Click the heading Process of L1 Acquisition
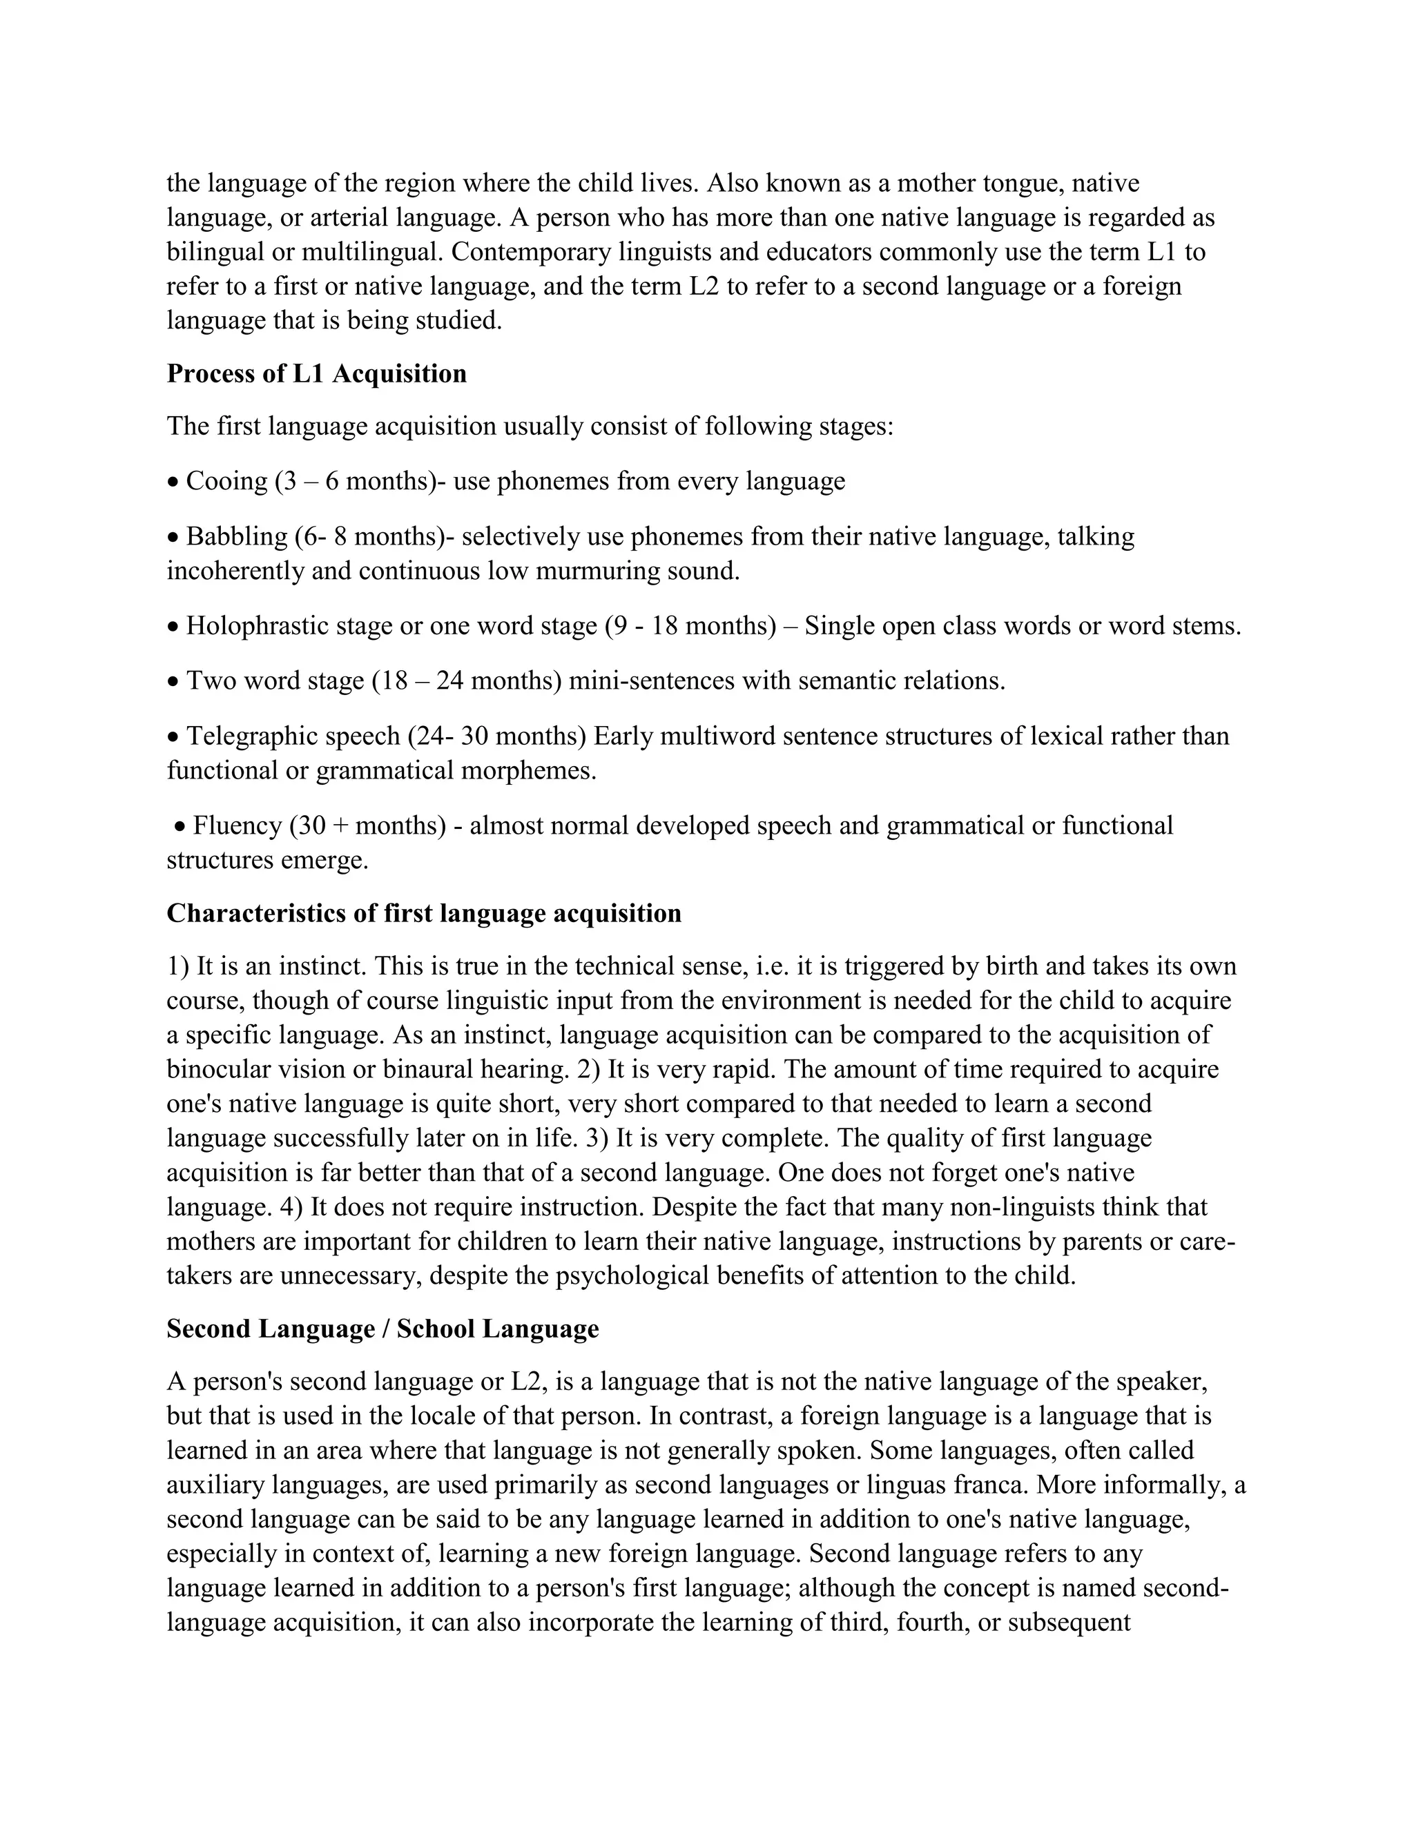[x=317, y=373]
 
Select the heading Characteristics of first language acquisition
[x=424, y=913]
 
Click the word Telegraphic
[x=251, y=736]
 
